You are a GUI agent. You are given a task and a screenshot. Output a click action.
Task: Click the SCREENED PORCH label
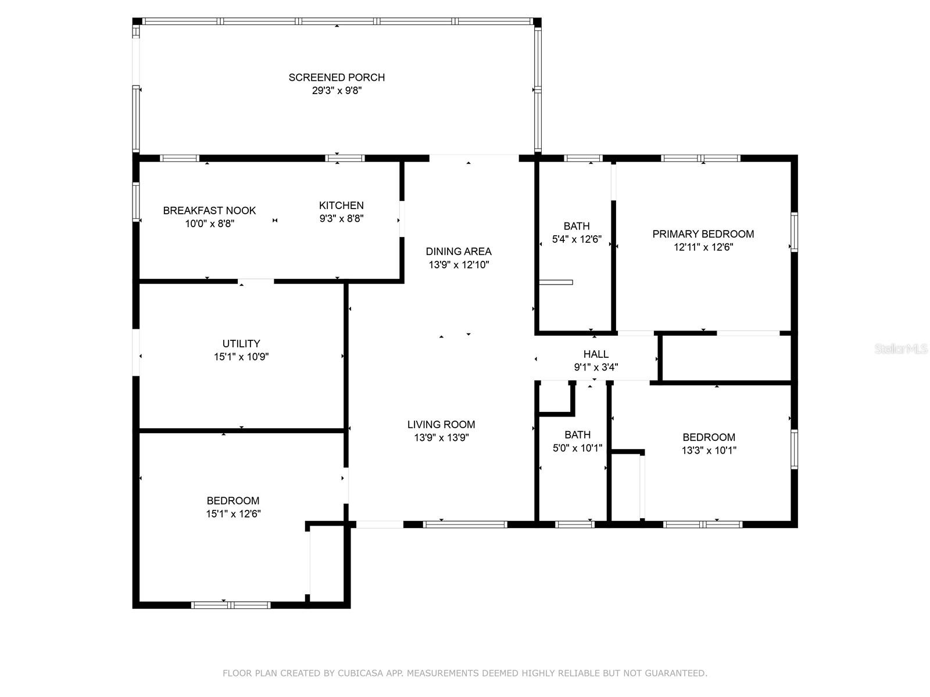[337, 77]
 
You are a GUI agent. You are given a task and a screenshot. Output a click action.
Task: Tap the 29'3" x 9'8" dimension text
[337, 91]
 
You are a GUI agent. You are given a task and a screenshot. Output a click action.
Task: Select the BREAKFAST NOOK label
[209, 210]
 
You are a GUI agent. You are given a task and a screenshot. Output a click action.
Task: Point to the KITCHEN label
[341, 205]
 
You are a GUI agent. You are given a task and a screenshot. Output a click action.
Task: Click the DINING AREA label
[459, 252]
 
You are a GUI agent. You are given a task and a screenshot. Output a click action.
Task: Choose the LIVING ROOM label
[441, 425]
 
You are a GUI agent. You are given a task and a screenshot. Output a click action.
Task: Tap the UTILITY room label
[241, 343]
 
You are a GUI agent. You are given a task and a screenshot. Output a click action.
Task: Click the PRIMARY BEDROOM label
[703, 234]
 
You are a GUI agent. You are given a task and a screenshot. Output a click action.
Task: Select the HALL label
[596, 354]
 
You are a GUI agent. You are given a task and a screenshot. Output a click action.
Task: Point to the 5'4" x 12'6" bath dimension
[577, 239]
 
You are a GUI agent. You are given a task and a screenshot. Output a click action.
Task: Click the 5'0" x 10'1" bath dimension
[577, 448]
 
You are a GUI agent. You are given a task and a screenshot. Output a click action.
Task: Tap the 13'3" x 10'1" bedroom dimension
[709, 450]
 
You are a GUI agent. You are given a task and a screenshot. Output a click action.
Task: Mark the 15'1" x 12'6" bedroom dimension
[233, 514]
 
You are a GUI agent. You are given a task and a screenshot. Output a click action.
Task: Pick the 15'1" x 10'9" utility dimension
[241, 357]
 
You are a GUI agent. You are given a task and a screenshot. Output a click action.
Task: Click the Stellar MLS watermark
[901, 348]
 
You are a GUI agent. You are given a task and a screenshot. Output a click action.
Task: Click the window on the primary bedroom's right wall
[795, 232]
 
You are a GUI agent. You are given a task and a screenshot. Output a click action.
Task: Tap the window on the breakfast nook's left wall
[136, 202]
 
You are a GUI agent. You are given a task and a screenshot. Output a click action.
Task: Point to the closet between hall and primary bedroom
[726, 358]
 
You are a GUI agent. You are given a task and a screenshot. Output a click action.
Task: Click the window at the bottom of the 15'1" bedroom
[231, 605]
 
